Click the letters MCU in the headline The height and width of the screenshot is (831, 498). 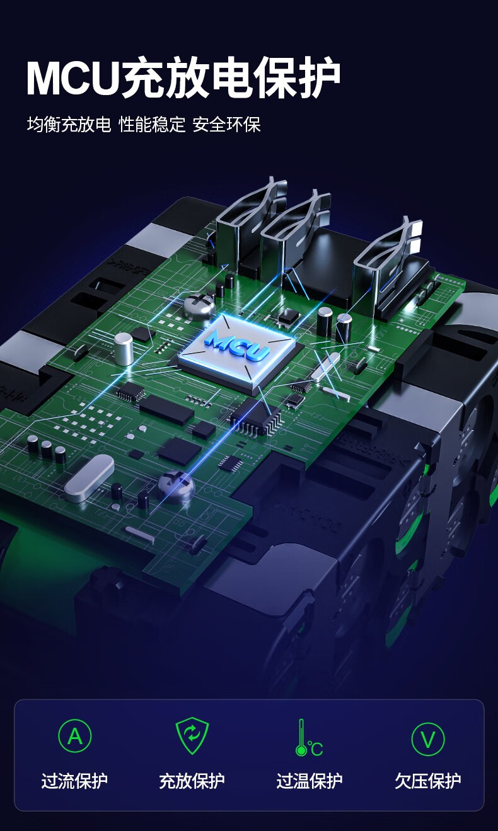(72, 79)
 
